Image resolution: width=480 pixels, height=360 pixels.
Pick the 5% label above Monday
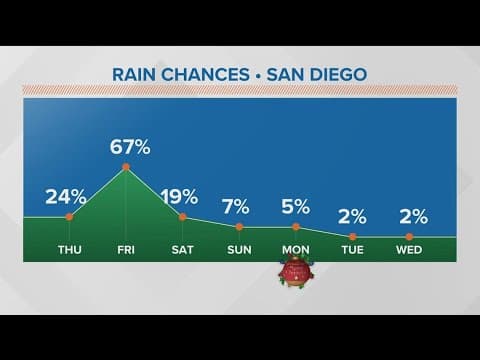click(296, 207)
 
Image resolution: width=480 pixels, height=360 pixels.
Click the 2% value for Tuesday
click(353, 216)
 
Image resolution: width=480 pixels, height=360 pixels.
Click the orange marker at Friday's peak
click(126, 167)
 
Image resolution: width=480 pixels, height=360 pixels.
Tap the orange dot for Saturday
click(183, 216)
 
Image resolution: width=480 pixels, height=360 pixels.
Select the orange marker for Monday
click(296, 227)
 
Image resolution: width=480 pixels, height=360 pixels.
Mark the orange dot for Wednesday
click(410, 236)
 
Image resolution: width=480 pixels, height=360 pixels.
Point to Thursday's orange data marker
click(69, 216)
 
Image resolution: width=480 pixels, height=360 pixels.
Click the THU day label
click(69, 251)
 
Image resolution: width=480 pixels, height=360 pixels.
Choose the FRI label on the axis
click(126, 251)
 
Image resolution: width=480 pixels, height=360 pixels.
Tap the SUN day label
click(239, 251)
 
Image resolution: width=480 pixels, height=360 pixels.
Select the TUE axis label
click(353, 251)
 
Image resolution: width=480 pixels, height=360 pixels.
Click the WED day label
click(410, 251)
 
